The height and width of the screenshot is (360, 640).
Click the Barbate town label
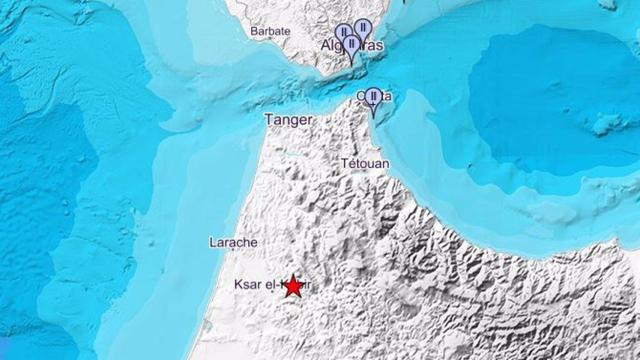click(x=270, y=31)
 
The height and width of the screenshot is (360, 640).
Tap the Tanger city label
click(x=288, y=120)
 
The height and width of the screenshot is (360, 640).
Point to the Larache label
click(x=233, y=243)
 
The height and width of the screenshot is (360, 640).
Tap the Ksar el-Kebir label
click(x=270, y=285)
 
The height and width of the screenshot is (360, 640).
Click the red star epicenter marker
click(x=292, y=285)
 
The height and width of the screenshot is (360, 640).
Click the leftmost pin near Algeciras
click(x=343, y=35)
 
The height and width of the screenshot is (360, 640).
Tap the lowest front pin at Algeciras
click(x=352, y=46)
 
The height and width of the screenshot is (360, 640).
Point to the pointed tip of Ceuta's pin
click(x=373, y=117)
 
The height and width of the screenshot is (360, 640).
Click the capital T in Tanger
click(x=267, y=120)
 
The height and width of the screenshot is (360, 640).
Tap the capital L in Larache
click(x=212, y=243)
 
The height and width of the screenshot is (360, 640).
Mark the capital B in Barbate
click(x=253, y=31)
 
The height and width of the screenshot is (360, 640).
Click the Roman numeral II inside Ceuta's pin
click(x=373, y=96)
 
